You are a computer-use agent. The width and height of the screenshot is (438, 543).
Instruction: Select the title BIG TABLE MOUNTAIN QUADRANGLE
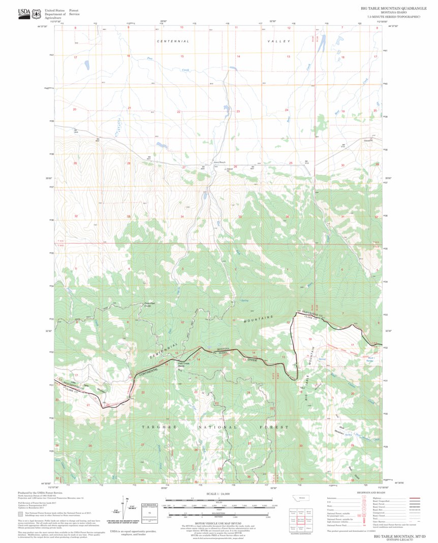pos(393,9)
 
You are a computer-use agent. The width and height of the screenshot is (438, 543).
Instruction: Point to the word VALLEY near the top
pos(278,41)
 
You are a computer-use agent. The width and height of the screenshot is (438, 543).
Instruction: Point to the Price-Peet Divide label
pos(148,305)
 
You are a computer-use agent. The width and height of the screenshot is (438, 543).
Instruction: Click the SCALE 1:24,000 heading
pos(218,494)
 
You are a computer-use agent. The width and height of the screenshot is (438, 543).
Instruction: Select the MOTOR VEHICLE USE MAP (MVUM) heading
pos(218,524)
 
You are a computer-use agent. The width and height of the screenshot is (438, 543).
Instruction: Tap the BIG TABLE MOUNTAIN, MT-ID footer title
pos(399,536)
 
